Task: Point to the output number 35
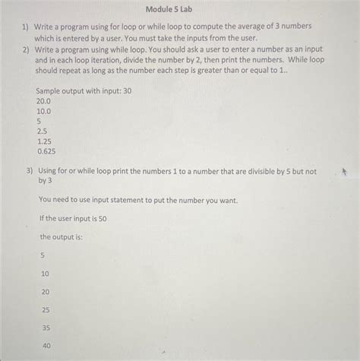(46, 328)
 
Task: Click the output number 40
(46, 346)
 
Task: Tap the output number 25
(46, 309)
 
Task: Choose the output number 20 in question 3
(46, 291)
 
